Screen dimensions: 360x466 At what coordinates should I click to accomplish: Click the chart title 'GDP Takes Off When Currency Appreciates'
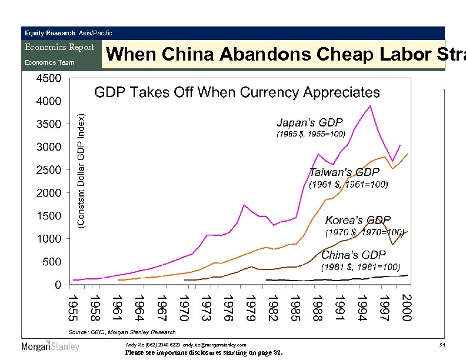click(x=237, y=92)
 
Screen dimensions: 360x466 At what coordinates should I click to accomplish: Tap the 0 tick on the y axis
click(x=57, y=285)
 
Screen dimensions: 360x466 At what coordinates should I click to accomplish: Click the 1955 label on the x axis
click(x=72, y=308)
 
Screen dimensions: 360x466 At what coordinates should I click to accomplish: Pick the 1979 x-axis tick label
click(x=249, y=308)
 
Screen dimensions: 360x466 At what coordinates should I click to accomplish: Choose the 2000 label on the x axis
click(x=406, y=308)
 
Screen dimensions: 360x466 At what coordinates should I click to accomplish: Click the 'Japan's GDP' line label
click(x=309, y=123)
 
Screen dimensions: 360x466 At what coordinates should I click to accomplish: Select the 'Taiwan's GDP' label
click(x=344, y=172)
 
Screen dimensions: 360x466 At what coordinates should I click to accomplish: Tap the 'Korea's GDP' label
click(x=358, y=221)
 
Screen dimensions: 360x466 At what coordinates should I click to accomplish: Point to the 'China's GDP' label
click(x=353, y=255)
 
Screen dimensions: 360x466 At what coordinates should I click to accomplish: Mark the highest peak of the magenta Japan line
click(x=370, y=106)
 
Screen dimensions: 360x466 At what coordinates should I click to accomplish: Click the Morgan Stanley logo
click(x=50, y=346)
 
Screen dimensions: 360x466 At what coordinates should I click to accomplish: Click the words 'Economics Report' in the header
click(x=59, y=48)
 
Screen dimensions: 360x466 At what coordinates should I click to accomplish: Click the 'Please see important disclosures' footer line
click(x=204, y=353)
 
